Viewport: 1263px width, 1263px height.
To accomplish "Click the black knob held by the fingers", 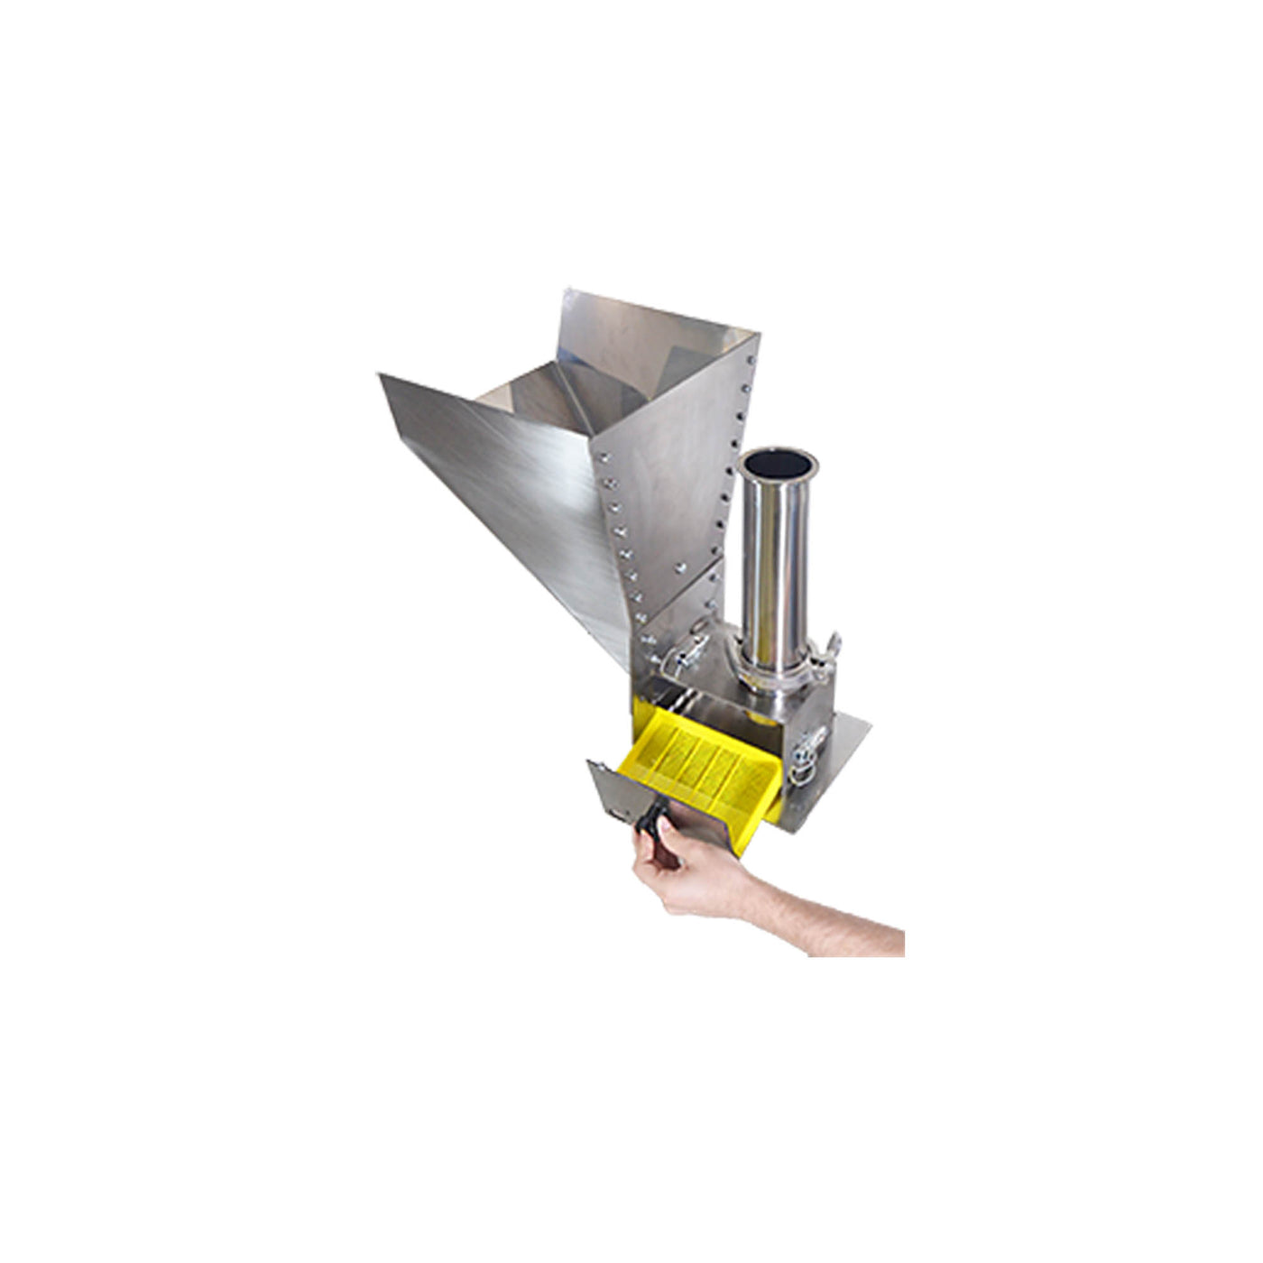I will click(651, 822).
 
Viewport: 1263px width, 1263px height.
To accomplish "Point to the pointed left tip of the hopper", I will click(380, 376).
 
